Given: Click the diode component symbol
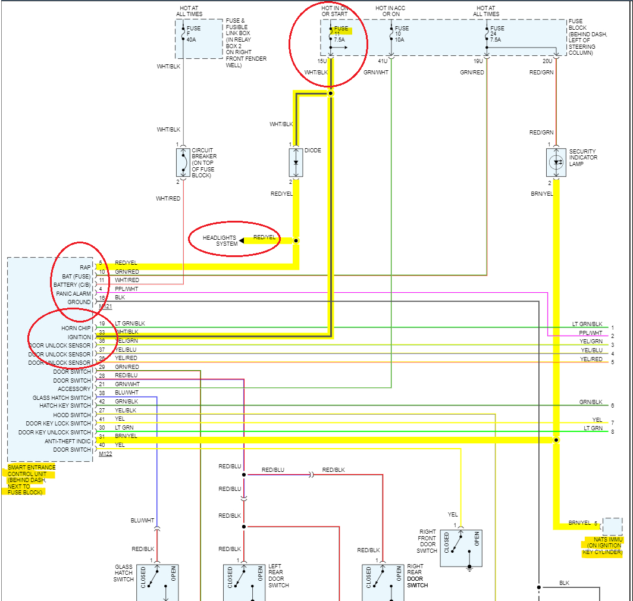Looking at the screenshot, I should click(296, 162).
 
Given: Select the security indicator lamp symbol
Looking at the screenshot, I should click(556, 162).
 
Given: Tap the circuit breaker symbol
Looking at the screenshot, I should click(183, 162).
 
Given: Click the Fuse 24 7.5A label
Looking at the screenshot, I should click(497, 34).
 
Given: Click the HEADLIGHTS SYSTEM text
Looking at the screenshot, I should click(219, 240).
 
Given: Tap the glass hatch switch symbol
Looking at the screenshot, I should click(157, 582).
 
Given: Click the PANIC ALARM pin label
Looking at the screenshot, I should click(73, 293).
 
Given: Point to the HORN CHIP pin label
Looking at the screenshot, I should click(76, 328).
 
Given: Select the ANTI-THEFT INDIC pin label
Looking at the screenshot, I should click(68, 441).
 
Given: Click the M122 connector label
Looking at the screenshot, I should click(105, 453).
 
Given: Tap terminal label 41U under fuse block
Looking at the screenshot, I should click(383, 61).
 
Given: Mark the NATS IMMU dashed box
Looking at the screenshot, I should click(612, 527).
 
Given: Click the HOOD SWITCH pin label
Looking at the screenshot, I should click(73, 415).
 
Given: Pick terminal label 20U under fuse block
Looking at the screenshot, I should click(547, 61).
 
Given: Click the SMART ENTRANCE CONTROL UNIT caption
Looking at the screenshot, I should click(32, 480).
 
